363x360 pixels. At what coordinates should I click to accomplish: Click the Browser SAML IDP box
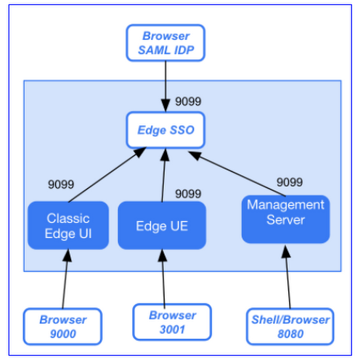point(166,43)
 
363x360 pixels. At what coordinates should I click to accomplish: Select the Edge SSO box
point(166,129)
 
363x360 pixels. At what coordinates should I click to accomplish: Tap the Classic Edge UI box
point(68,225)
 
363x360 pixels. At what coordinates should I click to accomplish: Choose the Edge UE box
point(162,226)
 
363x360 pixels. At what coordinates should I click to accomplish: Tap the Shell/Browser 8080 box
point(290,326)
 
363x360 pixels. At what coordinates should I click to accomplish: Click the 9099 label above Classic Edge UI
point(60,184)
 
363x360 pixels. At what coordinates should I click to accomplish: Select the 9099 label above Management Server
point(289,182)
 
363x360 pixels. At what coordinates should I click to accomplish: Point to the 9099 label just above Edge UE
point(188,194)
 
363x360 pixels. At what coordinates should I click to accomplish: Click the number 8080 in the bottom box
point(290,334)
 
